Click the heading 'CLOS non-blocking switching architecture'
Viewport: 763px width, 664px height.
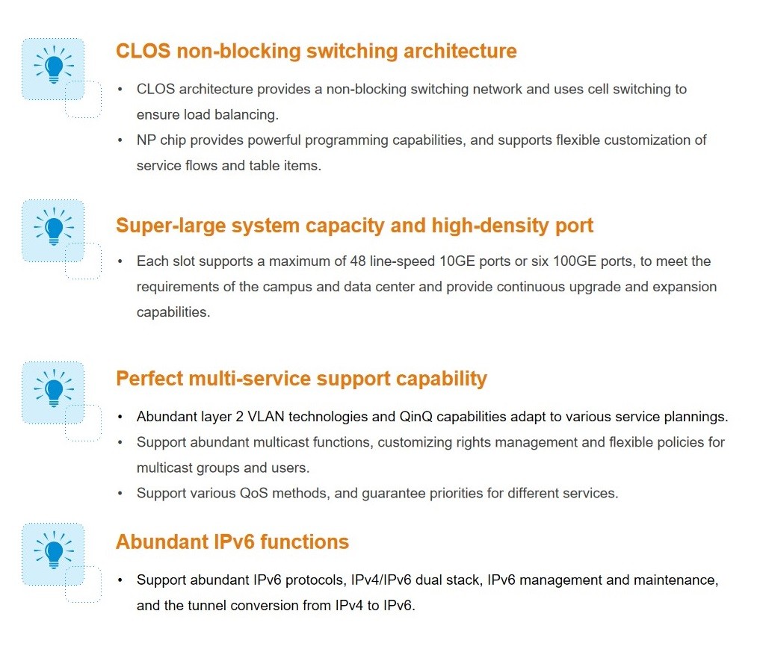pyautogui.click(x=316, y=51)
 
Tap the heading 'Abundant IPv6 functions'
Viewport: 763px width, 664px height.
pyautogui.click(x=232, y=542)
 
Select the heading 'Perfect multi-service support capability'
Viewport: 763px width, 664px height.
pyautogui.click(x=302, y=379)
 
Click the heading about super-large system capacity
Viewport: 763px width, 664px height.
pyautogui.click(x=355, y=226)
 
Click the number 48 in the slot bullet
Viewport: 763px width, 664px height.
pyautogui.click(x=358, y=261)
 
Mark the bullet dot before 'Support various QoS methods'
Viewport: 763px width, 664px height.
pyautogui.click(x=120, y=494)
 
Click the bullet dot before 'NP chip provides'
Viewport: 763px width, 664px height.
pyautogui.click(x=120, y=140)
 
